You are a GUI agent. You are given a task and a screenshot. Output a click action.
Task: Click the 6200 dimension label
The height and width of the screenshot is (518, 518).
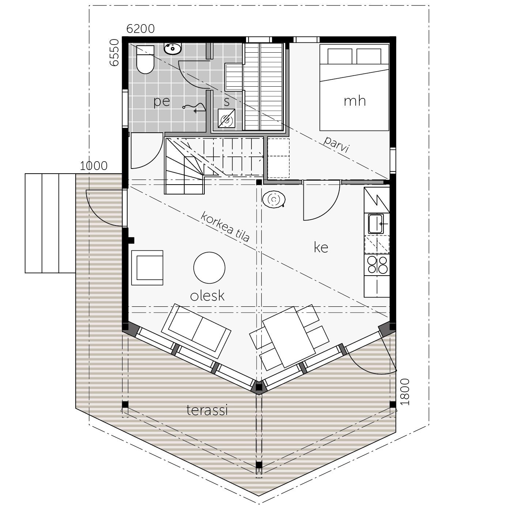pyautogui.click(x=140, y=29)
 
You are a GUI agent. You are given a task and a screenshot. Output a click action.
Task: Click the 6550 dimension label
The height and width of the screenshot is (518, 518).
pyautogui.click(x=114, y=53)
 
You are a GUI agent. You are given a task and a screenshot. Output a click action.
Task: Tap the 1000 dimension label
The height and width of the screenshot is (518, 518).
pyautogui.click(x=94, y=166)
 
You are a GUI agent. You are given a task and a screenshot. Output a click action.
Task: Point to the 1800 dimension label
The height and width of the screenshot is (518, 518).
pyautogui.click(x=405, y=392)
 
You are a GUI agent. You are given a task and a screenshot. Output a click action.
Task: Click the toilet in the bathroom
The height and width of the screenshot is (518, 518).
pyautogui.click(x=145, y=60)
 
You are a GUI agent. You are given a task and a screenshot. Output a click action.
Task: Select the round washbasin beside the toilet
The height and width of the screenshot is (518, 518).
pyautogui.click(x=173, y=49)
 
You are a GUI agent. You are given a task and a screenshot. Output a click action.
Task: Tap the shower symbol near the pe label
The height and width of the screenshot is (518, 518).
pyautogui.click(x=194, y=107)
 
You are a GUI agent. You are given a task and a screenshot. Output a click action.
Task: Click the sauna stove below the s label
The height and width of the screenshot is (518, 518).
pyautogui.click(x=226, y=118)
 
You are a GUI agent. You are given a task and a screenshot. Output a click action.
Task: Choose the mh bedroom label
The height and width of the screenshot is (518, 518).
pyautogui.click(x=355, y=101)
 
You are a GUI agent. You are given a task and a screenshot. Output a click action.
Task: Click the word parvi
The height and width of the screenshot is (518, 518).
pyautogui.click(x=336, y=144)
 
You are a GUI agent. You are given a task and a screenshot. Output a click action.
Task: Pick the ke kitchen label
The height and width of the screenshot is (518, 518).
pyautogui.click(x=321, y=247)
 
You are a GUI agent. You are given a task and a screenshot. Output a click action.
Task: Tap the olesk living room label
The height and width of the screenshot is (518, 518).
pyautogui.click(x=207, y=296)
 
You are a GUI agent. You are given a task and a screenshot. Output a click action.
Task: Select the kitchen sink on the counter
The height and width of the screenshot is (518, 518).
pyautogui.click(x=376, y=224)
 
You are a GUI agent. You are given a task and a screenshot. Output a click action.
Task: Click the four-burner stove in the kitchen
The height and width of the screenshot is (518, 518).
pyautogui.click(x=377, y=265)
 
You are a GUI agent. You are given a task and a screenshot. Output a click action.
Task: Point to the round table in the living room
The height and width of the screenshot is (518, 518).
pyautogui.click(x=209, y=268)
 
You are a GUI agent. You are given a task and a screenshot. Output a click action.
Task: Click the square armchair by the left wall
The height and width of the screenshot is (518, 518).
pyautogui.click(x=147, y=268)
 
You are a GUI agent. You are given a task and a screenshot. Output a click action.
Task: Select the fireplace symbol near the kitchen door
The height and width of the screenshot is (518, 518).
pyautogui.click(x=274, y=200)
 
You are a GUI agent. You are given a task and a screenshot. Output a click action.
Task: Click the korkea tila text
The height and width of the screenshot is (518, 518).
pyautogui.click(x=225, y=227)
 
